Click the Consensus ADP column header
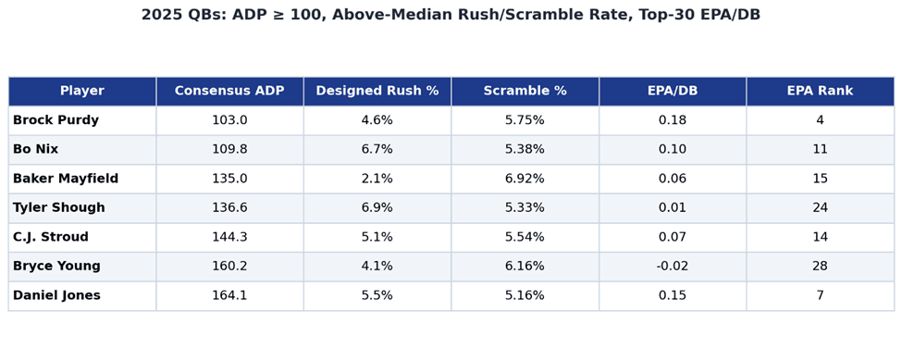(x=229, y=91)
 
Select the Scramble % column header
(x=525, y=91)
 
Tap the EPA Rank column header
(x=820, y=91)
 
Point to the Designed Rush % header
(x=377, y=91)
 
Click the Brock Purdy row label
(x=56, y=120)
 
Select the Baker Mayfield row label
(x=66, y=179)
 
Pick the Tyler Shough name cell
(x=58, y=207)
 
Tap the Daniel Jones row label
(x=56, y=295)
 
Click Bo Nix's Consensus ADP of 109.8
(x=229, y=150)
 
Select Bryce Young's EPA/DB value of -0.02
(x=673, y=267)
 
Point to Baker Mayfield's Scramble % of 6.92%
(x=525, y=179)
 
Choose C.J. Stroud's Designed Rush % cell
(x=377, y=237)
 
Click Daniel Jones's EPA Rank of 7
(x=820, y=295)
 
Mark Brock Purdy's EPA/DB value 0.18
(x=673, y=120)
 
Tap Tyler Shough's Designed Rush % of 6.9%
(x=377, y=207)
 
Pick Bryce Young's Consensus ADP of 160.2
(x=229, y=267)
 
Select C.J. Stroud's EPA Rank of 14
(x=820, y=237)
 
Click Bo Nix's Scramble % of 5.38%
(x=525, y=150)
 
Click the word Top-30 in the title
(x=664, y=15)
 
